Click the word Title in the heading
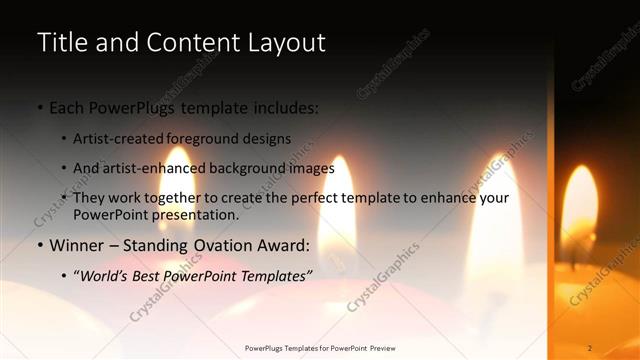tap(60, 43)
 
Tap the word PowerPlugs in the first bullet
tap(133, 107)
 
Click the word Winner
tap(76, 245)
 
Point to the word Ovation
tap(229, 245)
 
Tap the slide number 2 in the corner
tap(590, 348)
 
